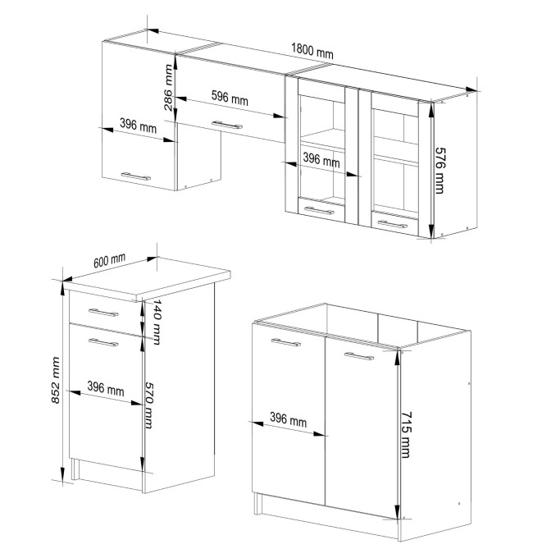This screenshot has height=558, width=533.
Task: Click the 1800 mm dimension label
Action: click(312, 51)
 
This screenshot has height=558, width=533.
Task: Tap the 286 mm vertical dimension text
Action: click(168, 87)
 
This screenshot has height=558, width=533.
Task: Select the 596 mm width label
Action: click(230, 98)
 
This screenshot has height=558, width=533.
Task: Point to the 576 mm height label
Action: click(440, 171)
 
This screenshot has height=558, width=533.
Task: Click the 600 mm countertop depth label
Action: click(110, 260)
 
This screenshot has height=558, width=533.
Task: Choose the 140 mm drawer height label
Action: click(157, 322)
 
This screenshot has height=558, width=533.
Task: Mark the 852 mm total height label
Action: click(56, 381)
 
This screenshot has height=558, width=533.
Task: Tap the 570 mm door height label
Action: click(149, 405)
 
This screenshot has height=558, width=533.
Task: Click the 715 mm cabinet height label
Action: click(406, 435)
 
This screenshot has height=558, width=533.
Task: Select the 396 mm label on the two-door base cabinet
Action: click(288, 419)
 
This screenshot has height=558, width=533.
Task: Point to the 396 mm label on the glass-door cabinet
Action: click(321, 160)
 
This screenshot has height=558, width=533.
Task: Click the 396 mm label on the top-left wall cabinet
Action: click(138, 126)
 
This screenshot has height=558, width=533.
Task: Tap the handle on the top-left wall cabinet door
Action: click(136, 176)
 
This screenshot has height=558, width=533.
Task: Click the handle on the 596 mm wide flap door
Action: click(227, 125)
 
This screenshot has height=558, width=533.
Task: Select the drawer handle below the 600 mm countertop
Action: click(103, 313)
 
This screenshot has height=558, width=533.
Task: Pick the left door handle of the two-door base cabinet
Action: click(286, 342)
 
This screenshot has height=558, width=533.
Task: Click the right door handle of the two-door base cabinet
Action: click(359, 356)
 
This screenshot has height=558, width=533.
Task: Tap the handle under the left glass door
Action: click(319, 211)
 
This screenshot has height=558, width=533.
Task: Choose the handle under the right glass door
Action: click(393, 224)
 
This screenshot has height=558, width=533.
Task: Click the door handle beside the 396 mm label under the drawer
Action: click(103, 342)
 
